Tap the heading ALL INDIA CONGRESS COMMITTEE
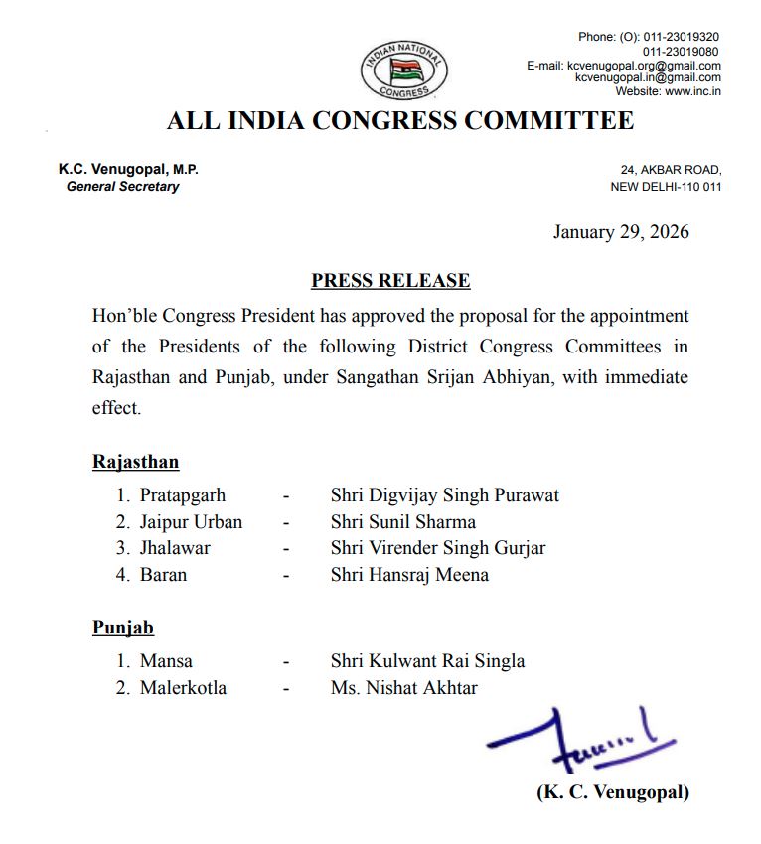pyautogui.click(x=399, y=121)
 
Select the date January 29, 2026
pyautogui.click(x=621, y=232)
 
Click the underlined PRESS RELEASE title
pyautogui.click(x=390, y=281)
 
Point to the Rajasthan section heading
pyautogui.click(x=136, y=462)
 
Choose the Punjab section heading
pyautogui.click(x=123, y=628)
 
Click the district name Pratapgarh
pyautogui.click(x=183, y=494)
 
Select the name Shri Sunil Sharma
pyautogui.click(x=403, y=521)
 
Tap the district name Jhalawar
pyautogui.click(x=175, y=547)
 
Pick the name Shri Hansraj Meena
pyautogui.click(x=409, y=574)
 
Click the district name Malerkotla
pyautogui.click(x=183, y=687)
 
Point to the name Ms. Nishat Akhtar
pyautogui.click(x=404, y=687)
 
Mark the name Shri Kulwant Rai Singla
pyautogui.click(x=428, y=660)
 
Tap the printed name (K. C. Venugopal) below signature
pyautogui.click(x=613, y=792)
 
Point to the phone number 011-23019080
pyautogui.click(x=682, y=51)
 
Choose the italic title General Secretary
pyautogui.click(x=122, y=186)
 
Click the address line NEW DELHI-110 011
pyautogui.click(x=666, y=187)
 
